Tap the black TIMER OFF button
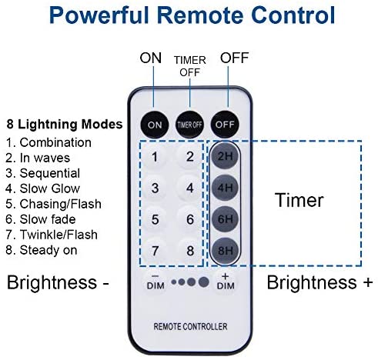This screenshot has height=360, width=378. tap(189, 125)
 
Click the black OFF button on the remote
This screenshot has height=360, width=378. tap(225, 125)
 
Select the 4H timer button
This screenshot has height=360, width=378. tap(225, 188)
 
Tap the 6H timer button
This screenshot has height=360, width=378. tap(225, 219)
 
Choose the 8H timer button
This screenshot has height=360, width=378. tap(225, 251)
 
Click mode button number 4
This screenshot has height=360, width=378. tap(189, 188)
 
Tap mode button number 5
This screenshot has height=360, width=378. tap(155, 219)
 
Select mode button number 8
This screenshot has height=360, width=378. tap(189, 251)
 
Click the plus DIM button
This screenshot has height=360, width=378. tap(226, 282)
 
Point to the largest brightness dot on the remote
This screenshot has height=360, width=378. tap(203, 282)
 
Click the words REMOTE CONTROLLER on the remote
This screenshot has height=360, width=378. tap(190, 326)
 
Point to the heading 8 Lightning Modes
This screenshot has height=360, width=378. tap(65, 125)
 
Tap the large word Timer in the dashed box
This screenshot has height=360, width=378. tap(299, 200)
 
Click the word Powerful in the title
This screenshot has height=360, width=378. tap(99, 15)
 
